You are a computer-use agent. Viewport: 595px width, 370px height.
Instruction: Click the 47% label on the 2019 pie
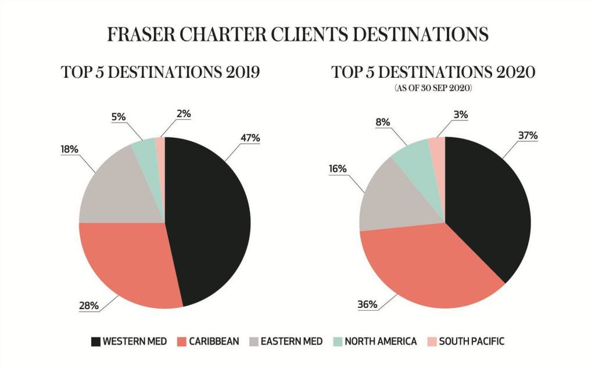pos(250,138)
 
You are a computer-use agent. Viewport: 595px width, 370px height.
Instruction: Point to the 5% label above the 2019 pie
pos(119,116)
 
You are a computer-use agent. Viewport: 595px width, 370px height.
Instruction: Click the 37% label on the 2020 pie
pos(529,136)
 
